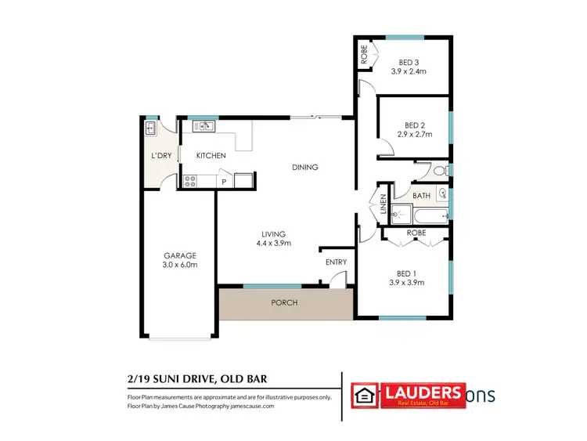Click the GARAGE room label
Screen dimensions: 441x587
pos(179,255)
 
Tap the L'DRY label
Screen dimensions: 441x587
pos(161,156)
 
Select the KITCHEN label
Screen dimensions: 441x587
pos(211,156)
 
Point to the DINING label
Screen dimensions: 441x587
pos(304,167)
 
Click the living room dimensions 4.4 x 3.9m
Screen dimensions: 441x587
pos(274,243)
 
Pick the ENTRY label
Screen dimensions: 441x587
pos(336,262)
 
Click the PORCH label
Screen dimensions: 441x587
pos(284,302)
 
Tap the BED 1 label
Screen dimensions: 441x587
pos(406,273)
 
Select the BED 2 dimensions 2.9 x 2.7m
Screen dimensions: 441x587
pos(415,135)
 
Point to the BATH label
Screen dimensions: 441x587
pos(421,196)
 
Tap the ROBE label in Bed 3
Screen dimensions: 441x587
pos(364,55)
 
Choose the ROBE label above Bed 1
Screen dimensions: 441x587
pos(416,233)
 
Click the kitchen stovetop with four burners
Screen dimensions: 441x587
pos(189,181)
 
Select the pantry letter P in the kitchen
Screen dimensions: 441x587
pos(224,182)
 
